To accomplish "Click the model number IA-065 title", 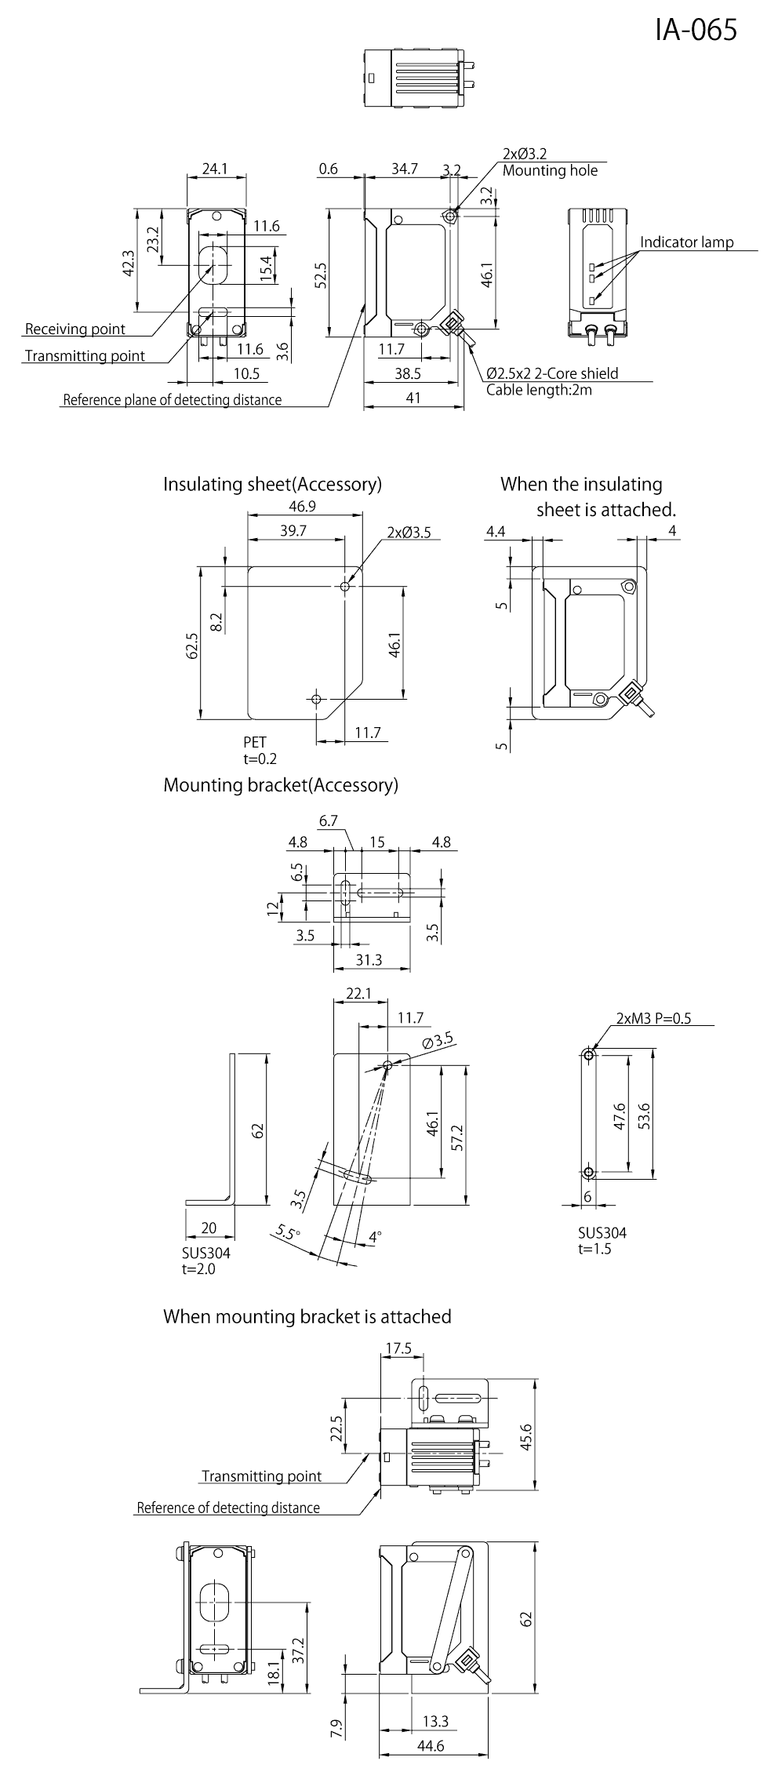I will pos(696,29).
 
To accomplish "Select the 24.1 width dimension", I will pos(214,168).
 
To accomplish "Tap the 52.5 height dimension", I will pos(320,275).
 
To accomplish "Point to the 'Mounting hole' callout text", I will pos(550,170).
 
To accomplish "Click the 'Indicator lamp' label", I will pos(686,242).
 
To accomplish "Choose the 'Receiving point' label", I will pos(75,328).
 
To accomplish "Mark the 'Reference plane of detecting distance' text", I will pos(172,400).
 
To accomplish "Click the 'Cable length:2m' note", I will pos(539,389).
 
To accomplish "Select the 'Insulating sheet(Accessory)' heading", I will pos(272,484).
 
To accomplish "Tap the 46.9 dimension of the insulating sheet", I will pos(302,506).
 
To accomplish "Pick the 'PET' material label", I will pos(255,742).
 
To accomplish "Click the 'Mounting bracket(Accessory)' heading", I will pos(281,785).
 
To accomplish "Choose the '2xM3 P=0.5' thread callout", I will pos(653,1018).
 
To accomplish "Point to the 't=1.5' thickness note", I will pos(594,1248).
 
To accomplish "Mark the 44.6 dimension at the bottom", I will pos(431,1762).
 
